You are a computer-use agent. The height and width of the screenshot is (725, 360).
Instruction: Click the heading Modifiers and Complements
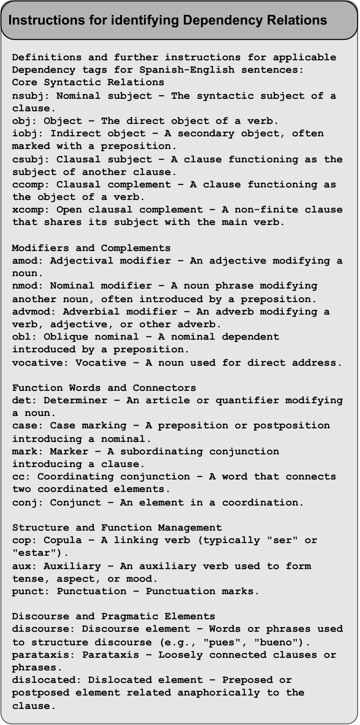pos(91,248)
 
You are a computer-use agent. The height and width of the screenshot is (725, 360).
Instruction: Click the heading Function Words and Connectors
pos(104,388)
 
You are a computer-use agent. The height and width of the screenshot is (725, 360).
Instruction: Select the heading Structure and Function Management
pos(117,528)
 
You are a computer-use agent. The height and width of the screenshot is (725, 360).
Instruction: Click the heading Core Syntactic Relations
pos(88,82)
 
